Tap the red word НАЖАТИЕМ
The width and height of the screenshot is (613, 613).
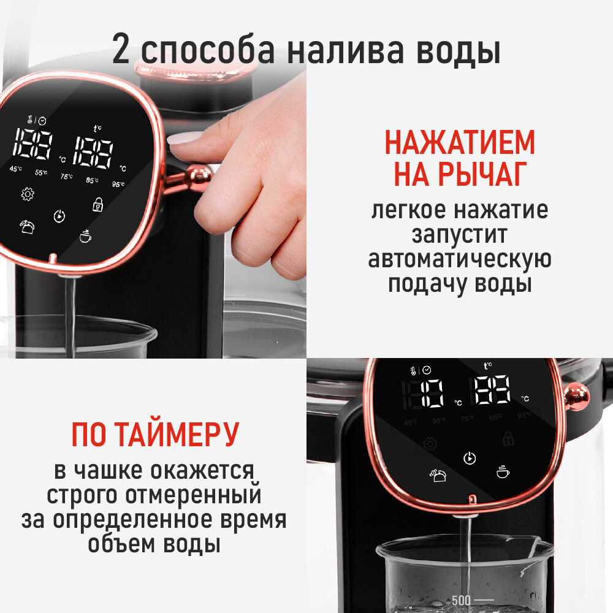(460, 142)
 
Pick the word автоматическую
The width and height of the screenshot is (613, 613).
(460, 259)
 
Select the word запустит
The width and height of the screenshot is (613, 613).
(459, 235)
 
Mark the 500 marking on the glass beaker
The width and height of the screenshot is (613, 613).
(461, 600)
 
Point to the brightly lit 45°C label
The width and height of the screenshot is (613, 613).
(16, 169)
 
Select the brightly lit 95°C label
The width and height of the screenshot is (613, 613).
(118, 183)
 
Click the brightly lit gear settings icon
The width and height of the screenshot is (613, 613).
(28, 194)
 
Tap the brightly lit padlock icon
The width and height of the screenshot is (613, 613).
(97, 205)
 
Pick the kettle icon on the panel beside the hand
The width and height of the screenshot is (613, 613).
(27, 227)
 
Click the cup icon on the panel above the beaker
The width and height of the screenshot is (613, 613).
(503, 471)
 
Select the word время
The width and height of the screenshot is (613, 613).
(253, 520)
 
